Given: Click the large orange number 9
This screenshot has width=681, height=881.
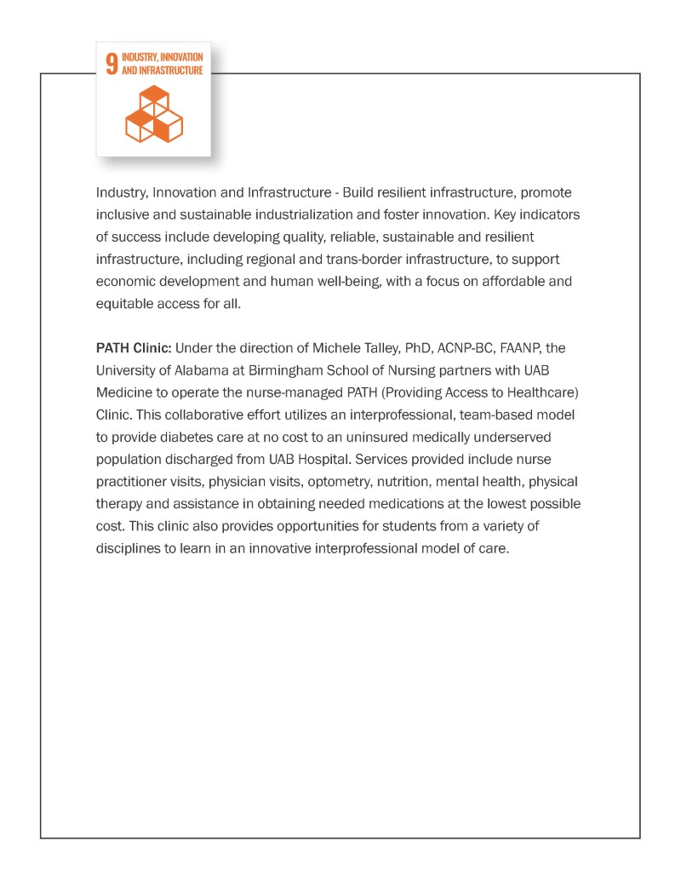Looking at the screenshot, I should tap(112, 66).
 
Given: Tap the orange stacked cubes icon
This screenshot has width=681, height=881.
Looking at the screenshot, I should tap(153, 114).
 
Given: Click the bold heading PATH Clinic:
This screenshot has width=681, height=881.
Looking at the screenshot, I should tap(134, 349).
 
